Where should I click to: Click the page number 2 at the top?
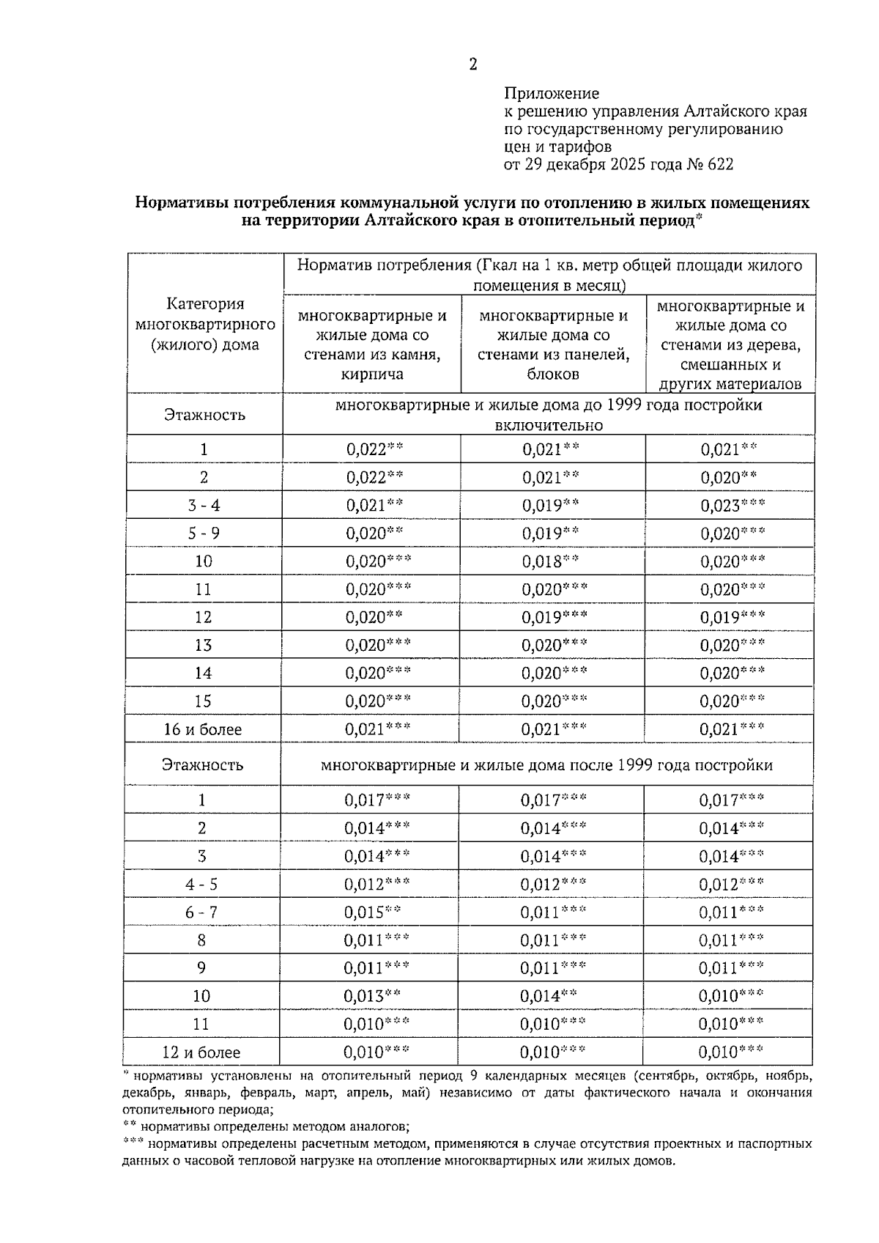(472, 64)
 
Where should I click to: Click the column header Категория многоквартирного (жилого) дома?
(205, 324)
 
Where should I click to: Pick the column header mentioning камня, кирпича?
(371, 344)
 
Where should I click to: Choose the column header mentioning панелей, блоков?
(553, 344)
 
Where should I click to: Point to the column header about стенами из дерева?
(730, 344)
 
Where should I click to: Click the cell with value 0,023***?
(732, 506)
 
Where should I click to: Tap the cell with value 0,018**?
(550, 561)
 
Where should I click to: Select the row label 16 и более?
(202, 729)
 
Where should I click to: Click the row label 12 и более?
(201, 1052)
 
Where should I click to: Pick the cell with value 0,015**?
(372, 912)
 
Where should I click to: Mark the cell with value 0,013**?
(372, 996)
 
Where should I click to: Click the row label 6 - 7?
(201, 912)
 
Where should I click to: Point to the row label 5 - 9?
(203, 534)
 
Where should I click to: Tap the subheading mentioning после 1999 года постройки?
(546, 765)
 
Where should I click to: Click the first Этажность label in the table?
(204, 415)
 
